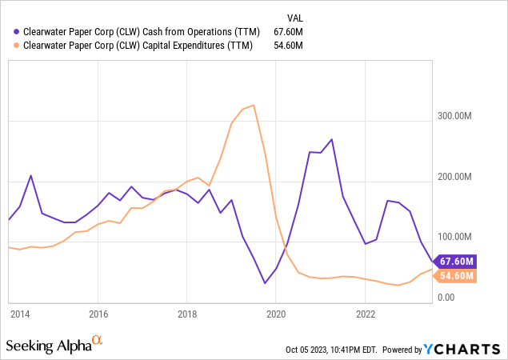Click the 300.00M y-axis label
pos(453,116)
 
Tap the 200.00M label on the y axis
pos(453,177)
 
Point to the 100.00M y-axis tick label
pos(453,237)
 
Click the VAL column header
pos(295,17)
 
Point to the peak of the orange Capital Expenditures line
pos(254,105)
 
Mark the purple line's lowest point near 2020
pos(265,283)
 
